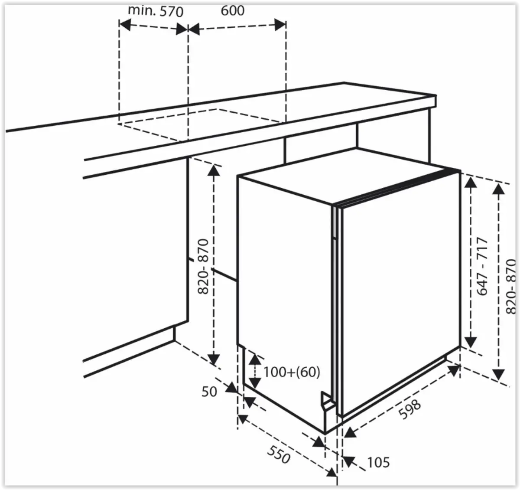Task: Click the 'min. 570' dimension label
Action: coord(156,11)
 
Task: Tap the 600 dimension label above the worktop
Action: coord(233,10)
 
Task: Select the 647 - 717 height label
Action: coord(482,266)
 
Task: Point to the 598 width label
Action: coord(409,409)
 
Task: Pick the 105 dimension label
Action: coord(378,463)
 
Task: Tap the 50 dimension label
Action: coord(209,392)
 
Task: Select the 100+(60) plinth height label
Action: coord(292,372)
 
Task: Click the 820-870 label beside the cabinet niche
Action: coord(203,266)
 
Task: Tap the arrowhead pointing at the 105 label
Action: coord(349,461)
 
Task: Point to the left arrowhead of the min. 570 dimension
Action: coord(125,25)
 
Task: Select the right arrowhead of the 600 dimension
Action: coord(280,25)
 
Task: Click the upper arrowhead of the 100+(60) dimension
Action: coord(255,359)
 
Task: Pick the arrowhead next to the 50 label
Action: coord(231,387)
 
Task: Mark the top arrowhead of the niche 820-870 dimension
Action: coord(214,171)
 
